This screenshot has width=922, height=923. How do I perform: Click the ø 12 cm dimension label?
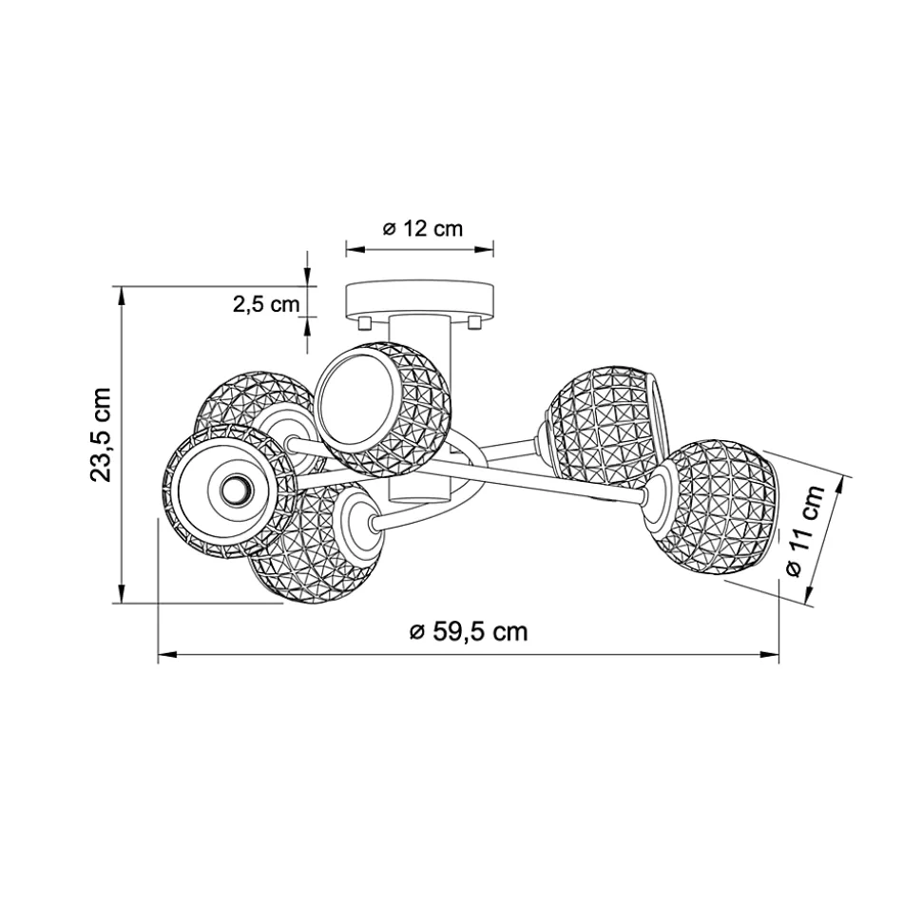click(x=422, y=228)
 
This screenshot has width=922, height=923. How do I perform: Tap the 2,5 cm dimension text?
click(x=266, y=304)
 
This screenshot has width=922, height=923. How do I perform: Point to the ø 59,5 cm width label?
click(x=468, y=631)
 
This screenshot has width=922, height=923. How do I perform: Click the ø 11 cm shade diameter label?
click(x=805, y=531)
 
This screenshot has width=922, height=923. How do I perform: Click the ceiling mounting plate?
click(x=420, y=299)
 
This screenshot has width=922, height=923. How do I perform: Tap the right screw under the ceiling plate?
click(x=474, y=322)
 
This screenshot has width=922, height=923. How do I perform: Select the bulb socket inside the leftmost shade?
click(x=238, y=489)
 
